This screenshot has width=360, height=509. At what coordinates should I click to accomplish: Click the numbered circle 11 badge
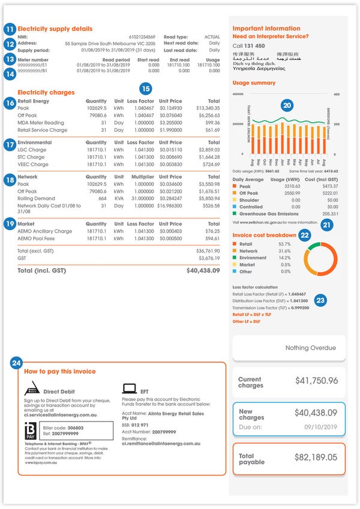pos(9,29)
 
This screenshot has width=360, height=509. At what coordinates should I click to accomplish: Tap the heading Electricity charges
pos(46,92)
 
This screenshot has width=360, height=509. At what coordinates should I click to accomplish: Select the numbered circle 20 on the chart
pos(287,105)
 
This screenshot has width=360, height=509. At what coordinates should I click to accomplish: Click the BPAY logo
pos(30,432)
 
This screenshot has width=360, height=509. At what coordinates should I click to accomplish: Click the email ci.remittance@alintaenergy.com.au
pos(161,444)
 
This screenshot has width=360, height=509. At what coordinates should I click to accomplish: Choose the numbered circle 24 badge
pos(16,363)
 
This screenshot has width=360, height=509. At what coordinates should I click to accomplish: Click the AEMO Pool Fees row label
pos(44,238)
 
